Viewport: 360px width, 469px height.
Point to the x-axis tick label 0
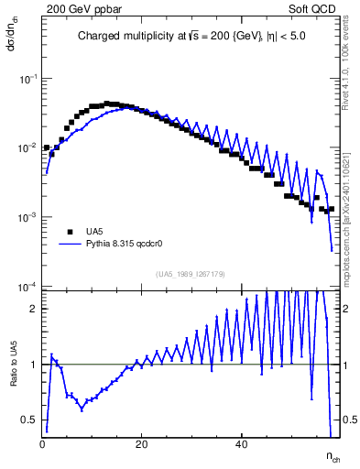pos(43,445)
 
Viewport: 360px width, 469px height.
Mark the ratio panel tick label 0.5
pos(30,420)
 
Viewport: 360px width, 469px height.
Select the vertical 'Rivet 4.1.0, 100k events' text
pos(352,64)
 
